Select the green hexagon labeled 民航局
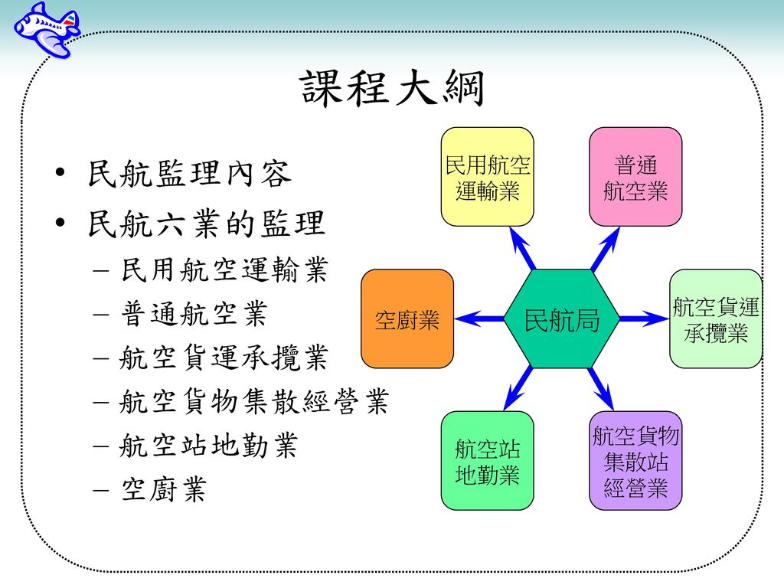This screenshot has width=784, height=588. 562,318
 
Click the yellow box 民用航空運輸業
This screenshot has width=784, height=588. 488,177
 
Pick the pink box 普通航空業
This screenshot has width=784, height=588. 635,177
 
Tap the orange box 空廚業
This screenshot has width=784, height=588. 407,318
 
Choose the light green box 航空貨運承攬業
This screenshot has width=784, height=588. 716,318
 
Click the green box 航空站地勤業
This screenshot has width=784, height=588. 488,461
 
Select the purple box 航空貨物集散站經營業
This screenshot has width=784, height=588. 635,461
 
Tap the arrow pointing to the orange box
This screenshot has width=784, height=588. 482,318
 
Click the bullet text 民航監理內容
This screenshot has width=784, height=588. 189,175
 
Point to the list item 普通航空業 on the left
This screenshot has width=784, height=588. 193,312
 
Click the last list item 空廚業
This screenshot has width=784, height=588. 163,490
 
